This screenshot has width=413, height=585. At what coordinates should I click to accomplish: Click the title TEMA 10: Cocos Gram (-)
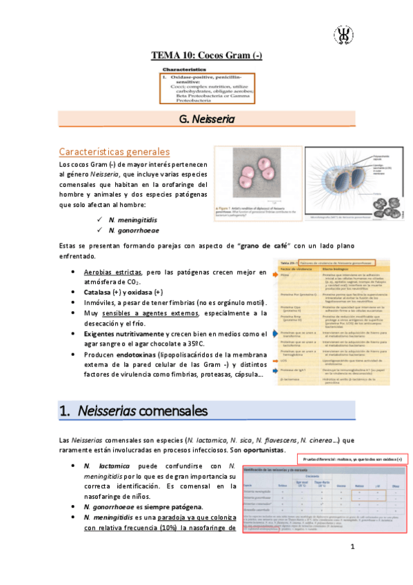tap(207, 55)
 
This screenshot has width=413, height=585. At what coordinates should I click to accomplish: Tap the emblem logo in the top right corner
tap(343, 34)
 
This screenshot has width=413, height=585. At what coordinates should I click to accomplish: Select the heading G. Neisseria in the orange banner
tap(207, 119)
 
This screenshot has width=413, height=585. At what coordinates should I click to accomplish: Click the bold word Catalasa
tap(99, 292)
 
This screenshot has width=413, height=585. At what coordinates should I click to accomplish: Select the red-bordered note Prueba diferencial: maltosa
tap(352, 459)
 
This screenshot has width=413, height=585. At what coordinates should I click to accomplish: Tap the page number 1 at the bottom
tap(352, 548)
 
